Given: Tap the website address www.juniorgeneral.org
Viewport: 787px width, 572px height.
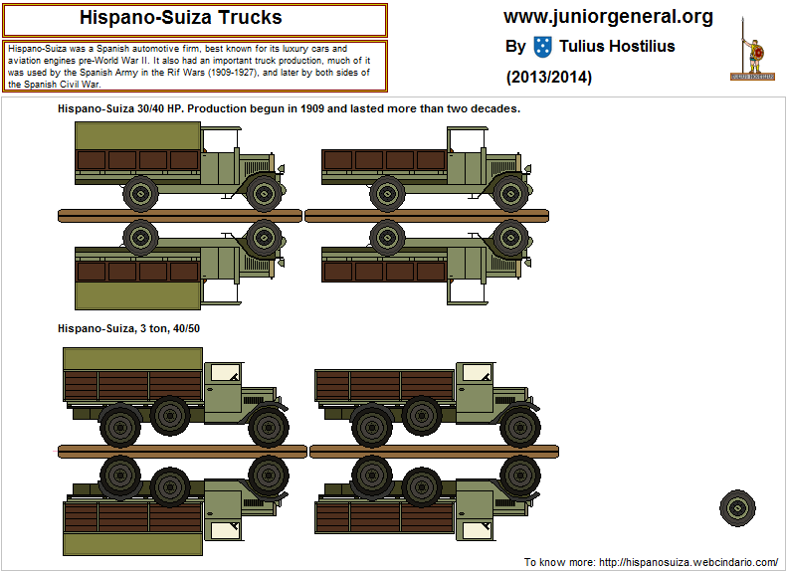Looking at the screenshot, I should click(x=608, y=17).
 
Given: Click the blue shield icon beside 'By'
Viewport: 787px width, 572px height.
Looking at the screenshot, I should click(x=543, y=46).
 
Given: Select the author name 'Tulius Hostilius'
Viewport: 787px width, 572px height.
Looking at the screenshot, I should click(x=617, y=46).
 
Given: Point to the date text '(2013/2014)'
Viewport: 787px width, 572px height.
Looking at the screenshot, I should click(x=549, y=77).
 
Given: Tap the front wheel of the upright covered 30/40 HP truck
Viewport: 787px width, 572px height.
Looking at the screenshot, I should click(x=264, y=193).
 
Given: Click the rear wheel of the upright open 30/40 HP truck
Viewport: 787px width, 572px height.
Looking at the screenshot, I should click(x=388, y=192).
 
